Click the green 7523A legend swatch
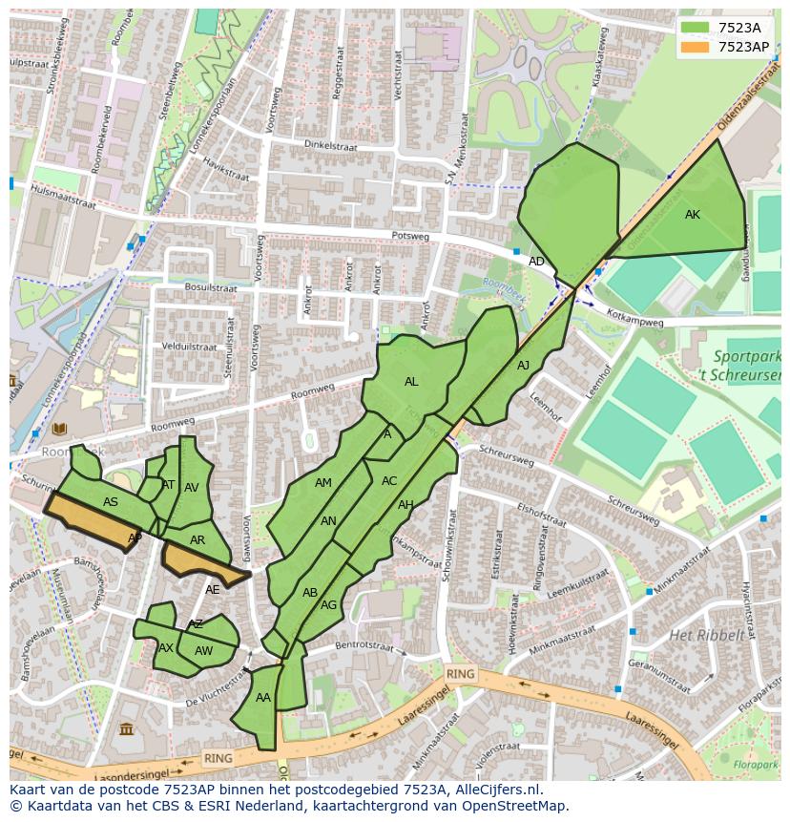coord(696,28)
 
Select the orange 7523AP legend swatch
coord(696,47)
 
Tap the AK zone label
coord(693,215)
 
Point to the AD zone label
coord(537,262)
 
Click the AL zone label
coord(411,382)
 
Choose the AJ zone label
coord(523,366)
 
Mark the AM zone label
coord(323,483)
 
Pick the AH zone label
coord(405,505)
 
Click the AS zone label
coord(111,503)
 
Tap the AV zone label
coord(192,488)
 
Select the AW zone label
coord(203,651)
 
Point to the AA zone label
coord(263,698)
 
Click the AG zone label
coord(328,605)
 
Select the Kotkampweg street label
coord(634,321)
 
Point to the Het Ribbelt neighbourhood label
coord(706,635)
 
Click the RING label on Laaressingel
coord(460,674)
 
